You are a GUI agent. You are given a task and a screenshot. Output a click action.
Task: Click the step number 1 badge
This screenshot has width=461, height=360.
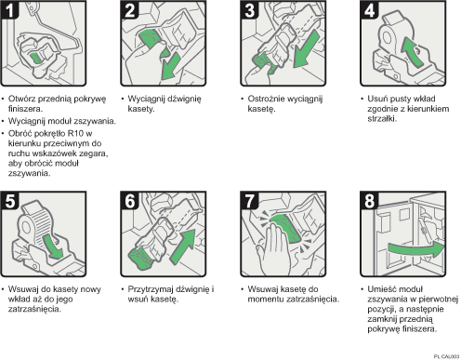point(10,10)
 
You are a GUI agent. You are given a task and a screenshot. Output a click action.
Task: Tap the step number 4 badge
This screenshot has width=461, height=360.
point(369,10)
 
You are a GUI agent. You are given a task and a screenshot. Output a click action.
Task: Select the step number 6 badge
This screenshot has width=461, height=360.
point(129,201)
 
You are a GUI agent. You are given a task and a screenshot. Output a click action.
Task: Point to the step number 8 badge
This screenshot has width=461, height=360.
point(369,201)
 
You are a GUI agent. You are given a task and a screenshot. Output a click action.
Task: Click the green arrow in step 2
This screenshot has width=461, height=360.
point(170,67)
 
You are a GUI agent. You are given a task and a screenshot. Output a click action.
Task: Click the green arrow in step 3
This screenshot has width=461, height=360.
point(306,49)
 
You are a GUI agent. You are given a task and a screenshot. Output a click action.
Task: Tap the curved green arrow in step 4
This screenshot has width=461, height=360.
point(411,51)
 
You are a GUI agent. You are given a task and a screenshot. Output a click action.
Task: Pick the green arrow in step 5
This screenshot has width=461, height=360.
point(53,246)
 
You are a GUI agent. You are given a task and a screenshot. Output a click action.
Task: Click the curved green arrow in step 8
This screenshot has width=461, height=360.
point(416,249)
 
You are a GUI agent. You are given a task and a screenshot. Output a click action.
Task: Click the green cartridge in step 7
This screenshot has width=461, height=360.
point(285,229)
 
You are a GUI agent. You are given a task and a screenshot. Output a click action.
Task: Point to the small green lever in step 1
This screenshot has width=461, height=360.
point(36,58)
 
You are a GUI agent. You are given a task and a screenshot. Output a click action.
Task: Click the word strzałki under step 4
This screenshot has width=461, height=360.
point(382,119)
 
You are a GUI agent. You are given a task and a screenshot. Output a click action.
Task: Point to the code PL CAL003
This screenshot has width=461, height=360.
point(446,356)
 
